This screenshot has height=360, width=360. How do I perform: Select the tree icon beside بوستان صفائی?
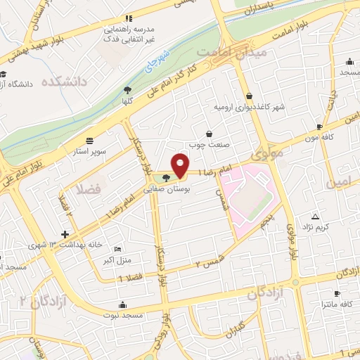point(166,179)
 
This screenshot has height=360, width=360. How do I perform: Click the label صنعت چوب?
point(209,146)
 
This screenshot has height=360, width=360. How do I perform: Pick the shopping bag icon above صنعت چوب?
point(209,134)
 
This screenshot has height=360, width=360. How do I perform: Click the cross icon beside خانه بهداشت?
point(65,234)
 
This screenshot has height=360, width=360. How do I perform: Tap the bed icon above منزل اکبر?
point(117,249)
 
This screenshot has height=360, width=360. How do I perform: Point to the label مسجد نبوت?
point(123,316)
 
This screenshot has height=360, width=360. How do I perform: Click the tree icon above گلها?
point(127,89)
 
